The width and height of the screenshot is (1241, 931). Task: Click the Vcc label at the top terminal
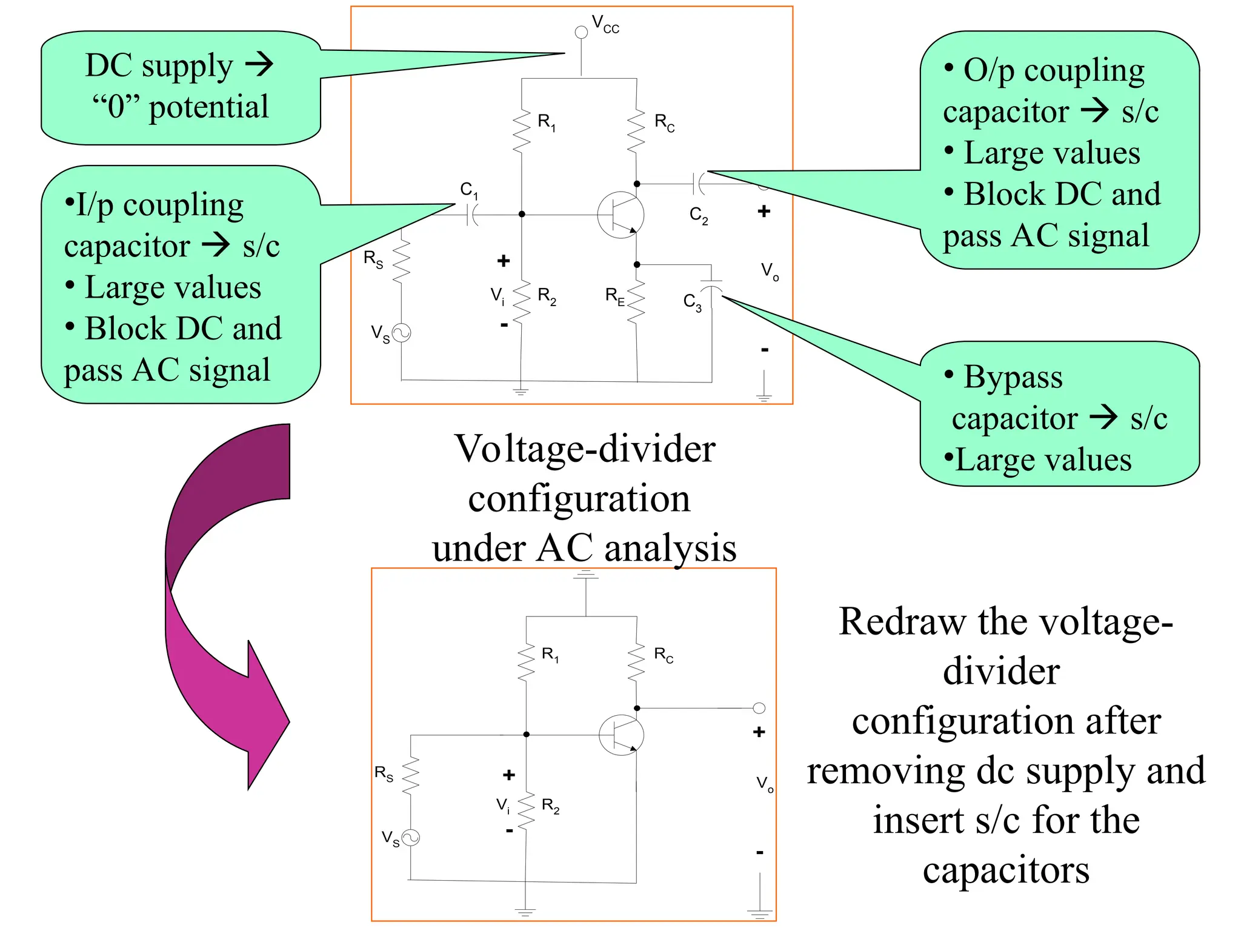[605, 25]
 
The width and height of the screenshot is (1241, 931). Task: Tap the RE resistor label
[615, 296]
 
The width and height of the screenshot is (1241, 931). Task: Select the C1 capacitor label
[468, 190]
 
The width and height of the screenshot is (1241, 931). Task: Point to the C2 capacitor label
[698, 215]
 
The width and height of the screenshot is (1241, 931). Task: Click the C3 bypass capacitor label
[692, 302]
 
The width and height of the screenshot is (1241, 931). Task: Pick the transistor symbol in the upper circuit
[620, 215]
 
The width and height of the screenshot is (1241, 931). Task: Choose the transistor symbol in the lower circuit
[621, 735]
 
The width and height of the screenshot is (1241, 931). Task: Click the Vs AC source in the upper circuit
[402, 333]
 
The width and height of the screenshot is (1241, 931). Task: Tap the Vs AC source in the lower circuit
[411, 838]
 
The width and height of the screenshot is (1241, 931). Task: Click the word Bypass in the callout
[1013, 377]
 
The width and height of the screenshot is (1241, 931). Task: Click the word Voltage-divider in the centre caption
[585, 449]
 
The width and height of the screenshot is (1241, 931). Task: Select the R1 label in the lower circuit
[550, 654]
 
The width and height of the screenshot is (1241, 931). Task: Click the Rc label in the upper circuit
[664, 122]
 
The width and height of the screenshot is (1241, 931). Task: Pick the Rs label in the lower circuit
[384, 773]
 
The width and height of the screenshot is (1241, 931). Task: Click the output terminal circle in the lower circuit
[759, 708]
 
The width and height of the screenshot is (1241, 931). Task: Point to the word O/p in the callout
[988, 72]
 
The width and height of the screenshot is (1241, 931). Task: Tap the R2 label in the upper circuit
[547, 296]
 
